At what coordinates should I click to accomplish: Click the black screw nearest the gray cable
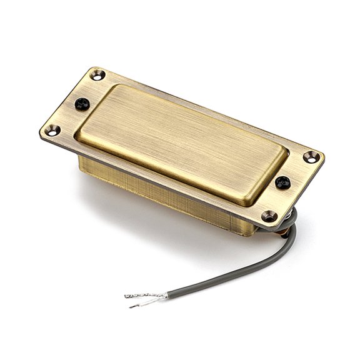coord(282,182)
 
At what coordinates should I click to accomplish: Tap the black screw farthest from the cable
coord(82,104)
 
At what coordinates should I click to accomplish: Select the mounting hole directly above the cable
coord(269,217)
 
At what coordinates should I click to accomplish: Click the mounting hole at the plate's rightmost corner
coord(311,157)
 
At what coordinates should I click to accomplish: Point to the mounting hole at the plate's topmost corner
coord(96,76)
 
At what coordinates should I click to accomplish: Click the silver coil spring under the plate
coord(289,220)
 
